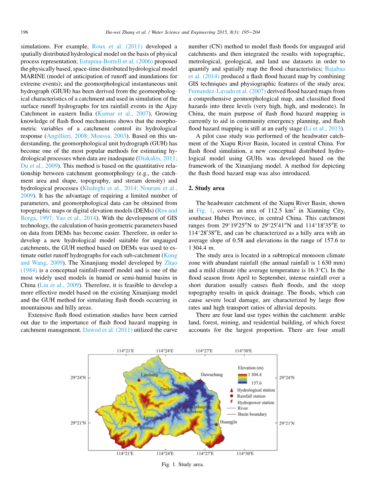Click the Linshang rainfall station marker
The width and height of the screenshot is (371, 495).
[x=139, y=379]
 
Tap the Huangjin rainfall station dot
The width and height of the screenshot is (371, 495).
[x=217, y=422]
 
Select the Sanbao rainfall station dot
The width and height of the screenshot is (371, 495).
[x=139, y=424]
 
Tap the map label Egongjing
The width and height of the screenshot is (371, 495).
[x=153, y=418]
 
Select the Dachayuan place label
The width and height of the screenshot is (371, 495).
[x=171, y=388]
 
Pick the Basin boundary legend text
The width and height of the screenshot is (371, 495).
[x=252, y=414]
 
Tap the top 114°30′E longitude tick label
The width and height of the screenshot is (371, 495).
[x=243, y=351]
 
